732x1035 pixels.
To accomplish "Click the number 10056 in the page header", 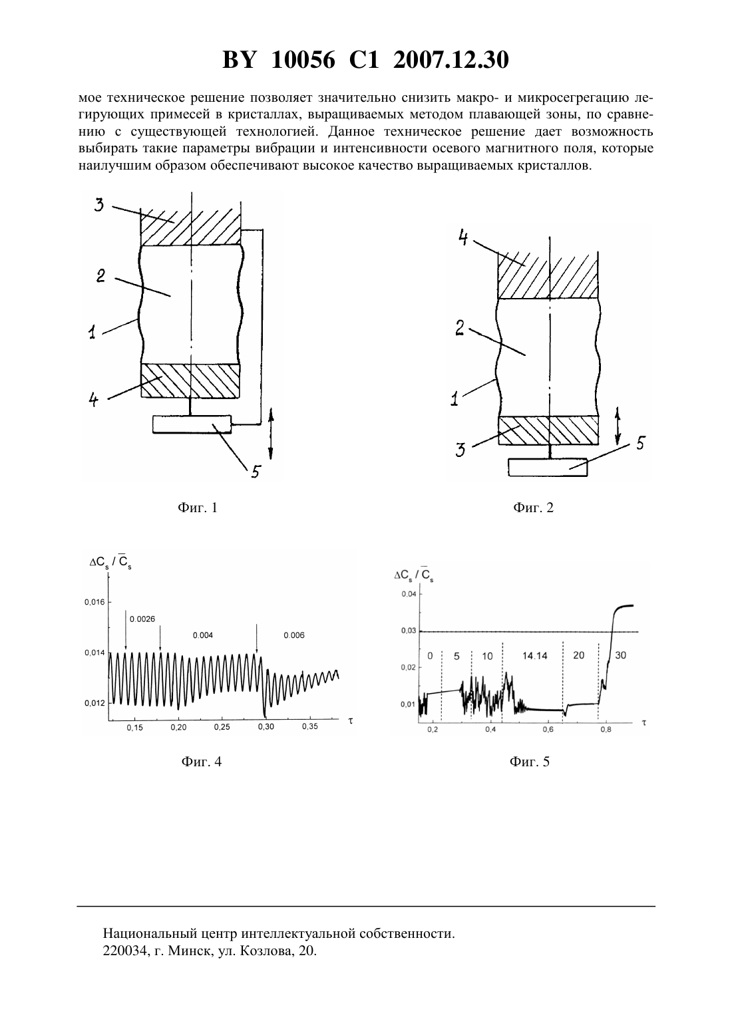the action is [303, 60].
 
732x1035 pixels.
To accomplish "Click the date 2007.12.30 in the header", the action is [451, 60].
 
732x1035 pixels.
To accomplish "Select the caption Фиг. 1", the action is [198, 508].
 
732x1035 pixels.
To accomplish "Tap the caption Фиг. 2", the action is [533, 508].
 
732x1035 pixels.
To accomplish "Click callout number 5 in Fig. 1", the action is [256, 472].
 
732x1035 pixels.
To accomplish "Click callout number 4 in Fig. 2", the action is [463, 238].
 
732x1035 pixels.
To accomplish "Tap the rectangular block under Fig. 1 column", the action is [192, 424].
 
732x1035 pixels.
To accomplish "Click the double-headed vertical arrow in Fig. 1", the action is [271, 434].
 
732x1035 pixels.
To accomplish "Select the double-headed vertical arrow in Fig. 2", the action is [618, 426].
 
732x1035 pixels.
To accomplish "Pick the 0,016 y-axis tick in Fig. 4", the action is [94, 602].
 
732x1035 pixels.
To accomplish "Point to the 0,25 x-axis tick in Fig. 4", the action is [222, 727].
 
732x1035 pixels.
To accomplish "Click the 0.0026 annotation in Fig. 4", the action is [142, 619].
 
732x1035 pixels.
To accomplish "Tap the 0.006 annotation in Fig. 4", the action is [294, 635].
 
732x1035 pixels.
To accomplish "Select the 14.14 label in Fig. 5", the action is [534, 655].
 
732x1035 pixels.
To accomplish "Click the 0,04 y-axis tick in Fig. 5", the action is [409, 594].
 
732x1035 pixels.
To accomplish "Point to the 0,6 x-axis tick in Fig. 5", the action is [548, 729].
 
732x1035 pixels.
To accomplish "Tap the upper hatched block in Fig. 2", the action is [548, 275].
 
